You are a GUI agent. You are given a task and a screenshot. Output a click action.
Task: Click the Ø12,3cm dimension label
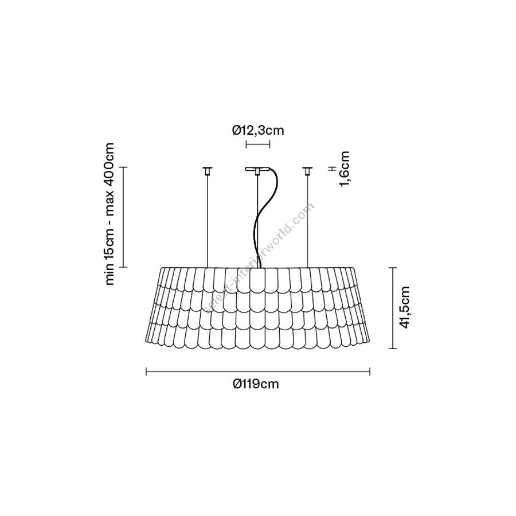(x=257, y=131)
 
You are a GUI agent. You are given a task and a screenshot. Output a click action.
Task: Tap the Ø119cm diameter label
(x=256, y=384)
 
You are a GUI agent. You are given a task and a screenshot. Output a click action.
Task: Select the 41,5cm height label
(x=405, y=307)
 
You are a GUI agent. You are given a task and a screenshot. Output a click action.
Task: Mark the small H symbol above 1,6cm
(x=333, y=169)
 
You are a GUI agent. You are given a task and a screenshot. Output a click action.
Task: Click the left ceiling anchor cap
(x=207, y=170)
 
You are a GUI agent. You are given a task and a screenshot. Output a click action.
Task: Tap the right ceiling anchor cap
(x=307, y=170)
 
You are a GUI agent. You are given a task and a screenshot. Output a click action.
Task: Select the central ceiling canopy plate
(x=257, y=170)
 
